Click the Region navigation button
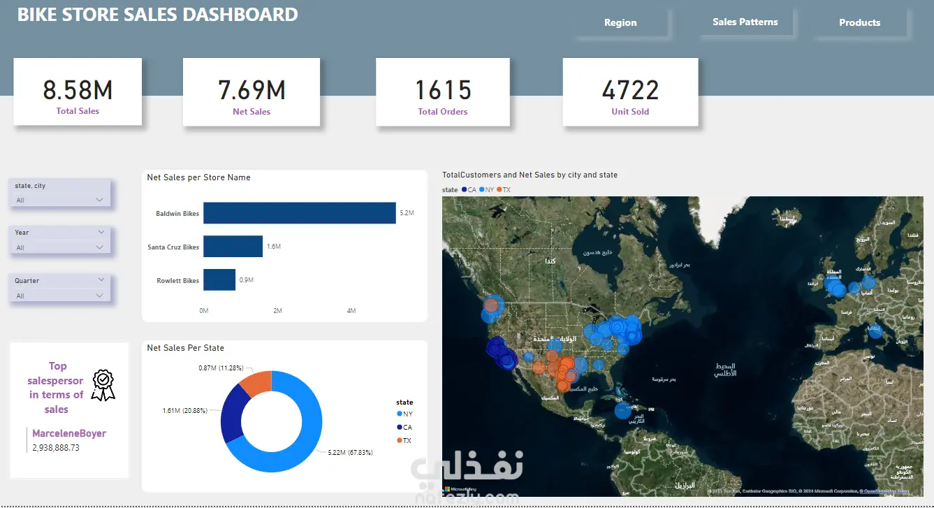pos(620,22)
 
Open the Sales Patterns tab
pos(745,22)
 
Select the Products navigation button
pos(859,22)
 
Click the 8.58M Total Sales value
pos(78,90)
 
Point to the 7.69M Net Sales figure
pos(251,90)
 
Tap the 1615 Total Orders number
pos(443,90)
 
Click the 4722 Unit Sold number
pos(630,90)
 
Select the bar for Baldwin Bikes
pos(299,213)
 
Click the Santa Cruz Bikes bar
pos(233,247)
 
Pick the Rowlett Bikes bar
pos(219,280)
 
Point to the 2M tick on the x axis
pos(277,311)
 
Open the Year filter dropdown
pos(60,247)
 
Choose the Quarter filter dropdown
pos(60,296)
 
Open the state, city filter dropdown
pos(60,201)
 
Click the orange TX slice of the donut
pos(255,382)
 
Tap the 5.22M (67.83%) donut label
pos(350,453)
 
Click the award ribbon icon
pos(103,385)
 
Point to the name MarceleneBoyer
pos(69,433)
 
